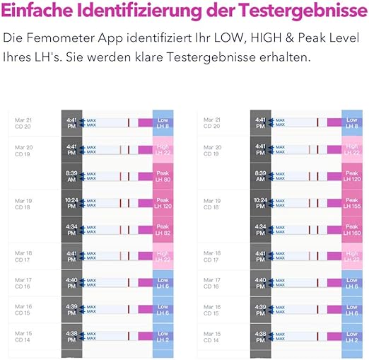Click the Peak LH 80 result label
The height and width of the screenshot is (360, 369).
point(163,176)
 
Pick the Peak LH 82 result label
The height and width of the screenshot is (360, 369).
point(163,230)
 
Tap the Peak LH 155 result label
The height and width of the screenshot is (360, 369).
point(352,203)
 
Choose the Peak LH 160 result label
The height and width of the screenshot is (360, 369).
point(352,230)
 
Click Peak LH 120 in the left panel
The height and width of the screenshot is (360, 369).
point(163,203)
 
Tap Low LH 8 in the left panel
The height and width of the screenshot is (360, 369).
point(163,122)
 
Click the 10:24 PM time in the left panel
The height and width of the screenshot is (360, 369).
point(71,203)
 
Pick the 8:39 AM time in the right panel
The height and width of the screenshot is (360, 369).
point(260,176)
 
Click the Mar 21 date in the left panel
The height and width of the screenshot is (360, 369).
point(24,120)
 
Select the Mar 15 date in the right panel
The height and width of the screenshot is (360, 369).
point(213,332)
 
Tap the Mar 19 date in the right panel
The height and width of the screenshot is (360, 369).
point(213,201)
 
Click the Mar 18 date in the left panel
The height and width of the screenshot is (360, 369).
point(24,252)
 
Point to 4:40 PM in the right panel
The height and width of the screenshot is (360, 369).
point(260,284)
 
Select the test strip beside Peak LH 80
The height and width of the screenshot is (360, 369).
point(117,176)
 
